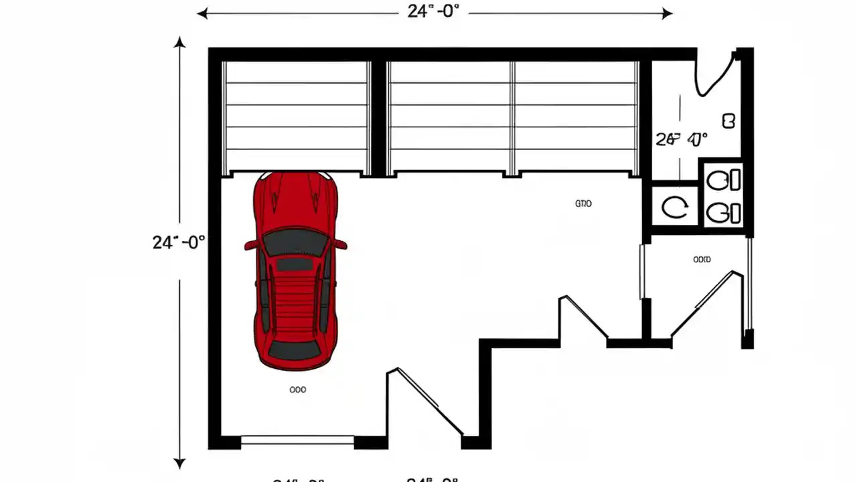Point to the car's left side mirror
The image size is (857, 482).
(250, 245)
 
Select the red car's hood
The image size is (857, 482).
(295, 201)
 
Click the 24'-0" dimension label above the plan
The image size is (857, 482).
(433, 11)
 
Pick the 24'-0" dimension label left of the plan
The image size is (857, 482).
(178, 242)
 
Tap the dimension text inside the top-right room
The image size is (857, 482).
(681, 139)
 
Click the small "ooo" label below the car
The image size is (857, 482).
(297, 389)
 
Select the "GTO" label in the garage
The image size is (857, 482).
(583, 204)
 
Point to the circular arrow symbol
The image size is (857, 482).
(674, 207)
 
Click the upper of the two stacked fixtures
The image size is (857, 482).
(724, 180)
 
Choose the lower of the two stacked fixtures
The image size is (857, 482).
(724, 213)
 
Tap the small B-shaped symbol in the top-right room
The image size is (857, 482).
(729, 121)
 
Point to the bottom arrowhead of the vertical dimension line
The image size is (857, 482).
(179, 461)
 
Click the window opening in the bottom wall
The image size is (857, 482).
(297, 440)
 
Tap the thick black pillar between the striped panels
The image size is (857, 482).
(378, 117)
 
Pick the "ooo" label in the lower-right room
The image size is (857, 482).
(702, 259)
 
